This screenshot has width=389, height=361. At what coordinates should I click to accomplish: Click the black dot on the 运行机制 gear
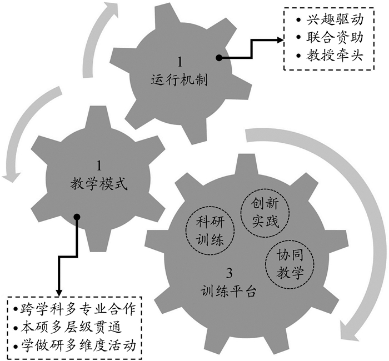pyautogui.click(x=220, y=58)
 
